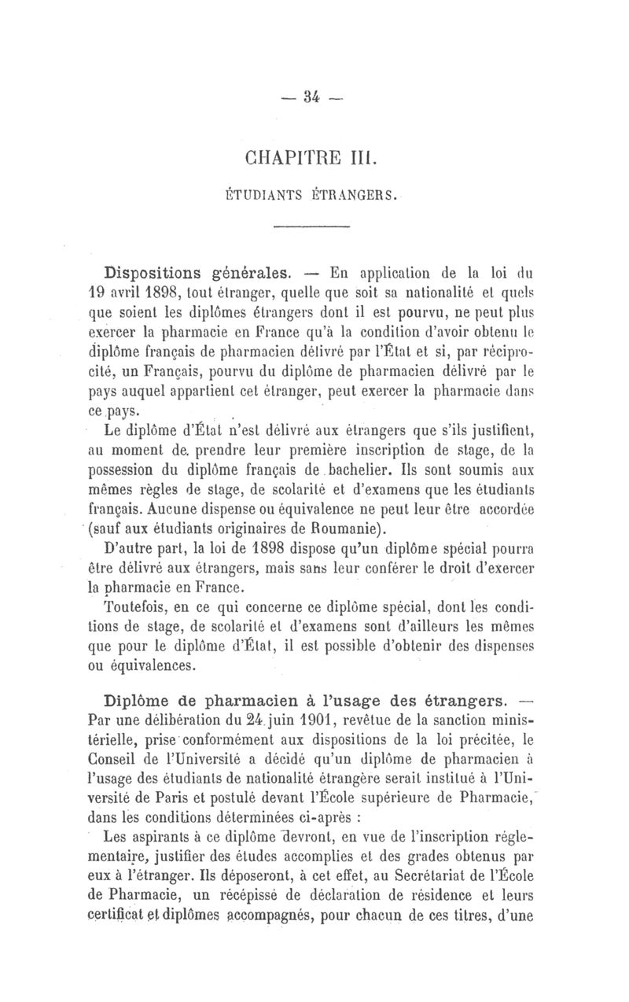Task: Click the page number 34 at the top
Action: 313,98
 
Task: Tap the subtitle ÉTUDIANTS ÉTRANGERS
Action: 313,191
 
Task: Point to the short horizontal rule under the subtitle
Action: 312,227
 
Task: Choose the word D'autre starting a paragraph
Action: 130,547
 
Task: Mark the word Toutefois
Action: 134,606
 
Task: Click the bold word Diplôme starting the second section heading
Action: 140,699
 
